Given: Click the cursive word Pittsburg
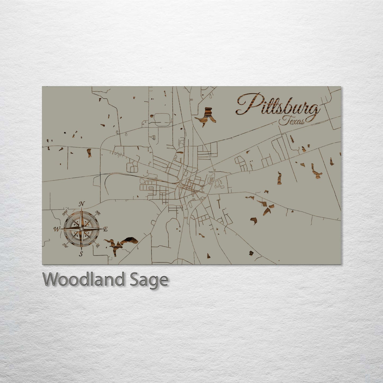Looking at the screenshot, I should point(277,104).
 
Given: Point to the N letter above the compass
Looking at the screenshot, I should point(82,204).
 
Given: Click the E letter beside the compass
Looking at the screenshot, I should point(105,230).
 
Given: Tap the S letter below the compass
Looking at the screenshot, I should point(81,254).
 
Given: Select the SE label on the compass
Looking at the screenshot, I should point(98,245).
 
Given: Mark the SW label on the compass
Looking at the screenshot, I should point(65,245).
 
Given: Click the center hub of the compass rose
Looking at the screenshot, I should point(81,229).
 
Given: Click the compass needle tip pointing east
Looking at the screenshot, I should point(102,228).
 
